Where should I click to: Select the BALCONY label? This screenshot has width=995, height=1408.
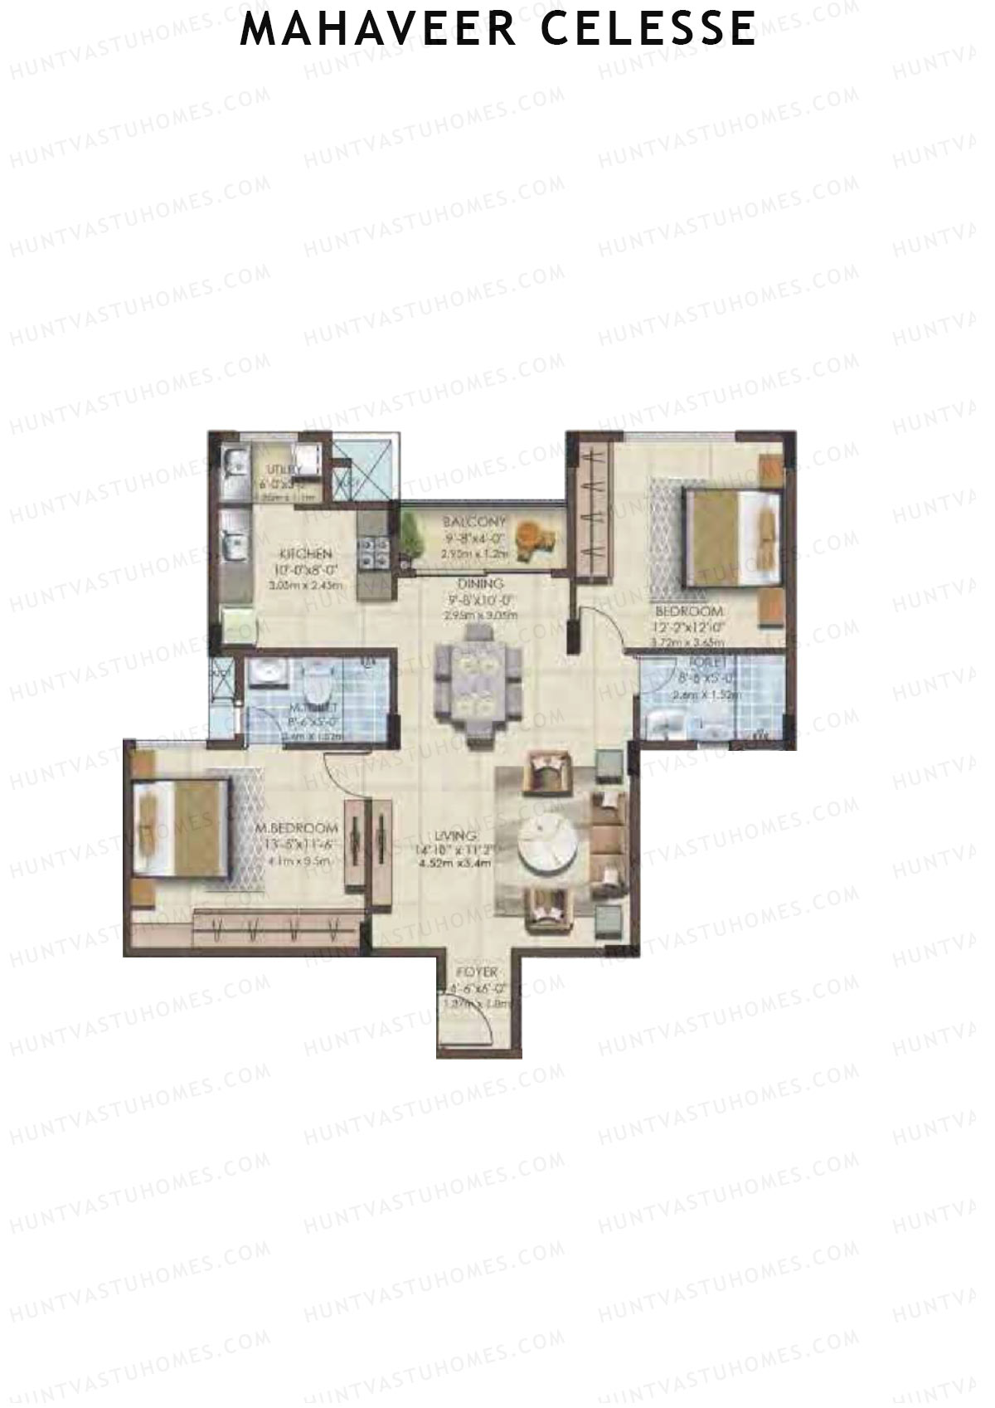coord(473,522)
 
